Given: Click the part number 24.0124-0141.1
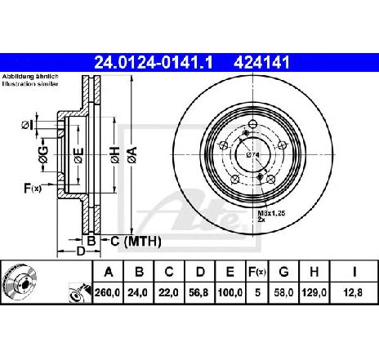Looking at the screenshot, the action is [154, 63].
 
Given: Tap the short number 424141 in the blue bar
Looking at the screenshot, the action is [261, 63].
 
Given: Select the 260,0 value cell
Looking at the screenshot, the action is [108, 293].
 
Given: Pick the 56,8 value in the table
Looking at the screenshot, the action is [198, 293].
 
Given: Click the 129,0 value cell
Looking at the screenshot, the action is [314, 293].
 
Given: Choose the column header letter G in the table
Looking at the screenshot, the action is [283, 272].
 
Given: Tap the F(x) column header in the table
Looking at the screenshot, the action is [256, 272].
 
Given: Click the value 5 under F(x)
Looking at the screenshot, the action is [257, 293].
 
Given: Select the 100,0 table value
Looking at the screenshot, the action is [230, 293].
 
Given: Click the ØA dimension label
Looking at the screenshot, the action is [133, 155].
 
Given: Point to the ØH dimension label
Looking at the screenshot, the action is [115, 155].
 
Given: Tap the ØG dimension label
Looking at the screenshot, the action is [43, 155].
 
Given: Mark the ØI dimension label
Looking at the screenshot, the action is [27, 125].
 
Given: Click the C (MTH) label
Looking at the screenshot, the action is [136, 242].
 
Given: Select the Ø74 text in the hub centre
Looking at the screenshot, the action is [253, 155].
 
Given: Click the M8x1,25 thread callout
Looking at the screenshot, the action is [271, 213].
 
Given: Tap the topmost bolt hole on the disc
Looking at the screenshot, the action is [253, 124].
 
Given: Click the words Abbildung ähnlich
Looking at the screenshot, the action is [30, 77].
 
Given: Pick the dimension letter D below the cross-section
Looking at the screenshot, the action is [81, 251].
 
